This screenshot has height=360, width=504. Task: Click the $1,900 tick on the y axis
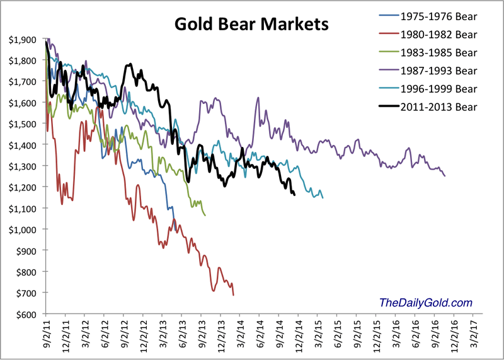coord(23,39)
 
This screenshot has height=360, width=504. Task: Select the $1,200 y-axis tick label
coord(23,187)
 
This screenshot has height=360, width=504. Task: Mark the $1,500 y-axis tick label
coord(23,124)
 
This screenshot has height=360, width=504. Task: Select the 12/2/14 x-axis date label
coord(298,336)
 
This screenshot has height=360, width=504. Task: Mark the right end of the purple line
coord(445,176)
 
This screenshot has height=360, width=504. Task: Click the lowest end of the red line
coord(234,294)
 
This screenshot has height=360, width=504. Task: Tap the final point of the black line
coord(294,195)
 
